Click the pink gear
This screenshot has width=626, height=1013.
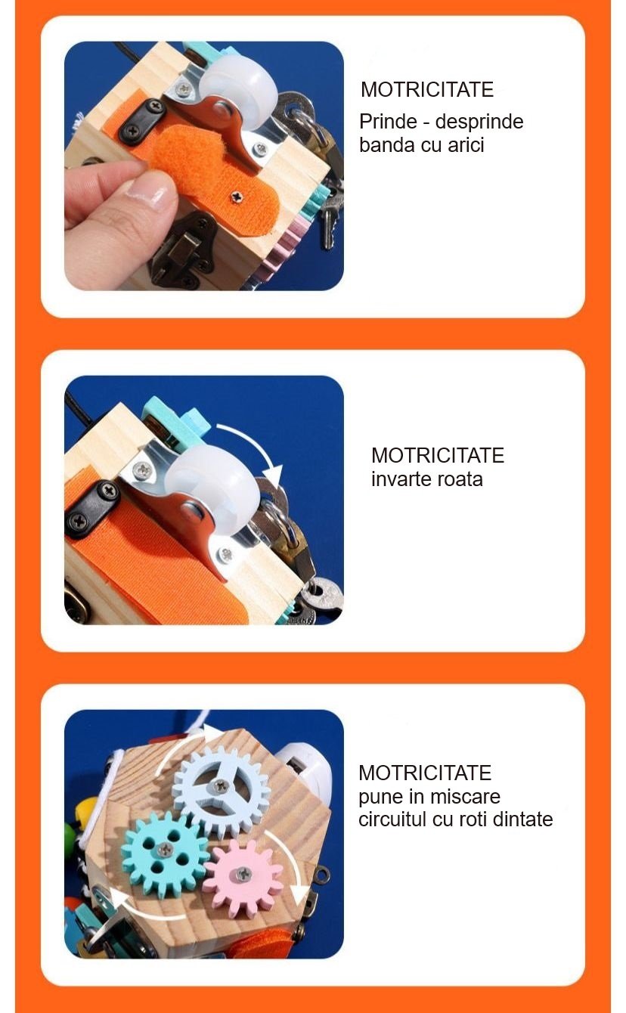[x=244, y=877]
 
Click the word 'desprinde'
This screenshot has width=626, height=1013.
[x=479, y=122]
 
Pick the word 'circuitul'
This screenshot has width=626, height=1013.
[x=392, y=819]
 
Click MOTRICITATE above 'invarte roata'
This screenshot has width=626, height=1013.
[x=438, y=455]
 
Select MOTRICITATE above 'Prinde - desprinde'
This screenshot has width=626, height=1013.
[x=426, y=89]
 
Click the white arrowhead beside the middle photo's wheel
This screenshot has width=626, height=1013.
[x=273, y=477]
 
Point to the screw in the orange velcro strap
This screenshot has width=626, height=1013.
[x=236, y=197]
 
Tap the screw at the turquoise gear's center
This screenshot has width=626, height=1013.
[x=165, y=850]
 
